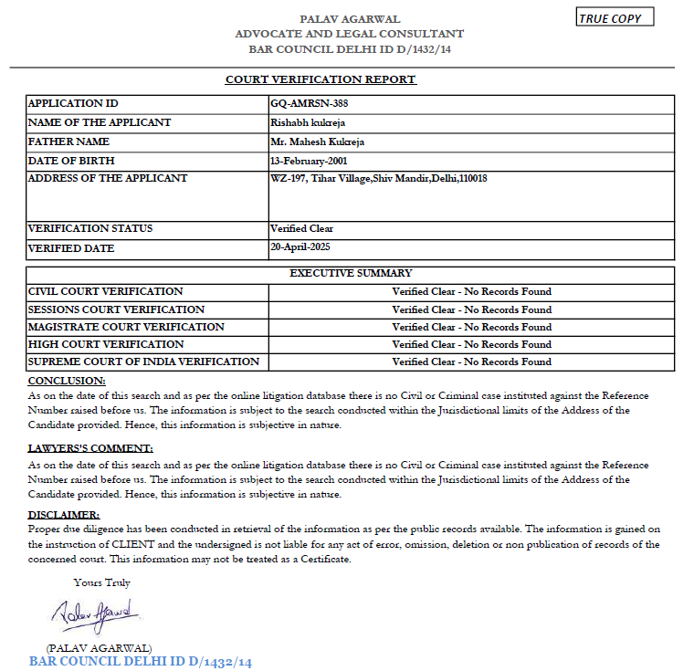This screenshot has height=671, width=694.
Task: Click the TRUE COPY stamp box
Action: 615,18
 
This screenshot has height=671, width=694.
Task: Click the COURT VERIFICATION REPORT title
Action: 321,79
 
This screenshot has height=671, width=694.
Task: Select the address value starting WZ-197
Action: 378,179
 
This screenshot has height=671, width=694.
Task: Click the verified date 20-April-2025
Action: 300,247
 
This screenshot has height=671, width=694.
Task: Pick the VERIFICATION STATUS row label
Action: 90,228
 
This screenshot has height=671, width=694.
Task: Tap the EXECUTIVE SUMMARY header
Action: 351,273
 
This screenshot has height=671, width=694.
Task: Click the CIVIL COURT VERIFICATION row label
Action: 105,291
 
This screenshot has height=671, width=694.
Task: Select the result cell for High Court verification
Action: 471,344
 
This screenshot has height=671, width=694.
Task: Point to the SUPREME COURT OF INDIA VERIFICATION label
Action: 143,362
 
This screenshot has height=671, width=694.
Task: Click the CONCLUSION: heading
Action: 67,380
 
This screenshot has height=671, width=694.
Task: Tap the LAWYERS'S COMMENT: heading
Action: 90,448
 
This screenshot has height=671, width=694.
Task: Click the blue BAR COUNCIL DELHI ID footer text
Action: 140,661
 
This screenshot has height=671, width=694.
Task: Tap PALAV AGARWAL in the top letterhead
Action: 350,19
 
